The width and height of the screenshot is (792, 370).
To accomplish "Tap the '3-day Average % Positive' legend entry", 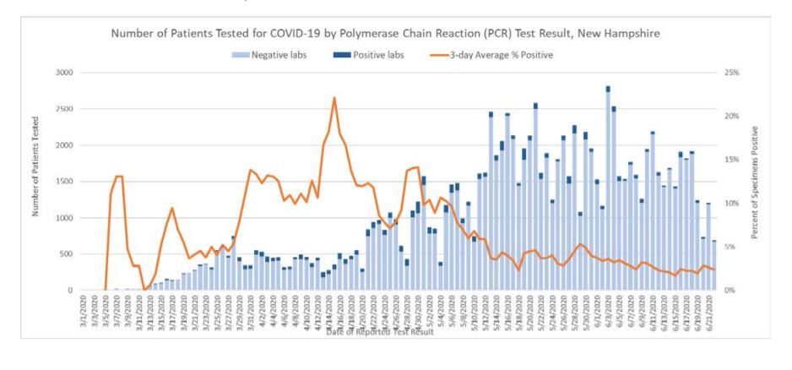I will [494, 55].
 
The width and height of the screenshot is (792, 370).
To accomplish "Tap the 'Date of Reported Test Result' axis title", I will [380, 332].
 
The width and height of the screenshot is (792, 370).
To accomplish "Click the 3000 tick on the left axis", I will [64, 73].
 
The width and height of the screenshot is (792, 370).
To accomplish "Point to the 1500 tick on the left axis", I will [64, 182].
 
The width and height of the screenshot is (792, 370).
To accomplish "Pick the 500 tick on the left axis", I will [67, 254].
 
